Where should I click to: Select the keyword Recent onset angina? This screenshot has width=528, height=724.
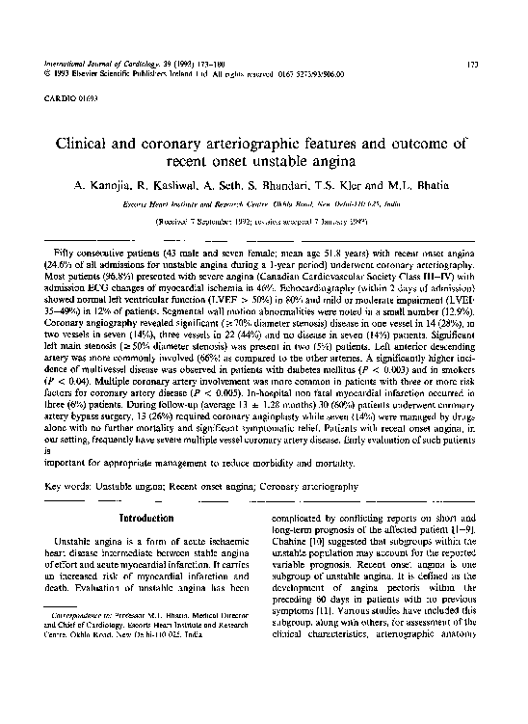211,488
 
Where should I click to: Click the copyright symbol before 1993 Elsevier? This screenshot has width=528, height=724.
47,72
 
